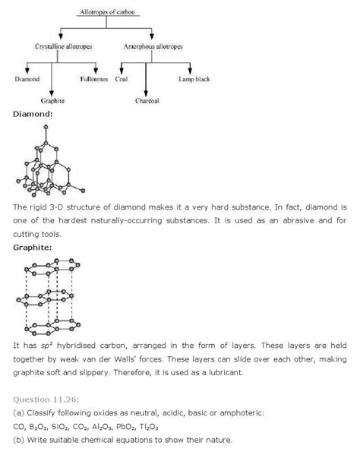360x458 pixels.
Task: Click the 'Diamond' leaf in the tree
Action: [27, 79]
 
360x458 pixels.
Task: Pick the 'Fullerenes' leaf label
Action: [95, 79]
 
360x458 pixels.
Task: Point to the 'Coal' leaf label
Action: [122, 79]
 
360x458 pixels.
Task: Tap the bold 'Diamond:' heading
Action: [31, 114]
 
